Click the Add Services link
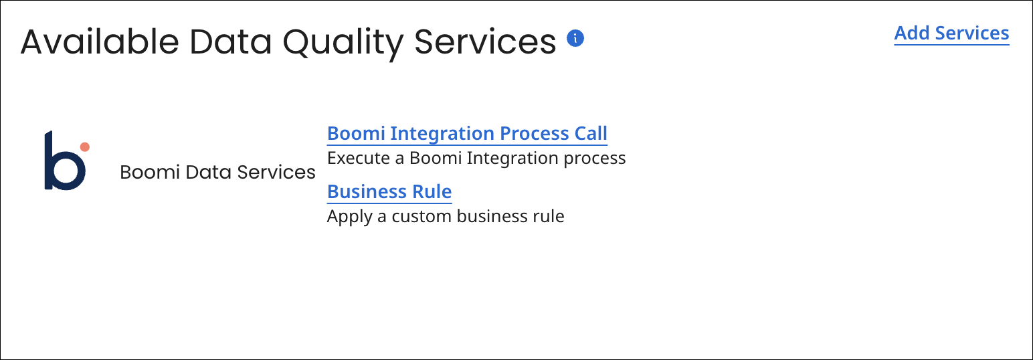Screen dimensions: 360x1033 click(951, 33)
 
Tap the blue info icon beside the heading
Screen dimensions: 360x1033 click(575, 38)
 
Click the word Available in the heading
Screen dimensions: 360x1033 click(100, 42)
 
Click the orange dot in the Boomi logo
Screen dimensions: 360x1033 click(84, 147)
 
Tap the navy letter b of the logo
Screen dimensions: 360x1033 click(64, 164)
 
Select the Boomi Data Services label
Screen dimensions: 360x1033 click(217, 173)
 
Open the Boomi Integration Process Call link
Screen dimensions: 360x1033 click(467, 134)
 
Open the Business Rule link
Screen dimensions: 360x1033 click(389, 192)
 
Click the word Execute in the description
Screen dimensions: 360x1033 click(356, 159)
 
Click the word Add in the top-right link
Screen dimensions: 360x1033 click(913, 33)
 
